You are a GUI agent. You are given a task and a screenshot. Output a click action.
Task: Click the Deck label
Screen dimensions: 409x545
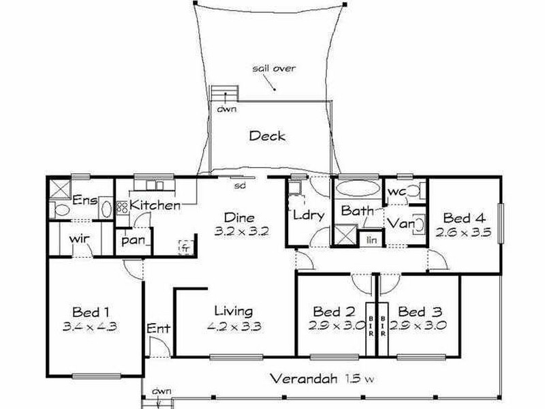pos(267,136)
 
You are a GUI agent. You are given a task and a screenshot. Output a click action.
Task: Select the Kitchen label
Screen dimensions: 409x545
pos(155,204)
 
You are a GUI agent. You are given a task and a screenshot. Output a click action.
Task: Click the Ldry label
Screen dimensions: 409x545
pos(307,215)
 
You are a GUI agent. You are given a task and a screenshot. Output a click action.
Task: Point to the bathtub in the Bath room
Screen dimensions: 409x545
pos(357,187)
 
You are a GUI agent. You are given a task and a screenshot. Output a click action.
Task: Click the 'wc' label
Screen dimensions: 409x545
pos(396,194)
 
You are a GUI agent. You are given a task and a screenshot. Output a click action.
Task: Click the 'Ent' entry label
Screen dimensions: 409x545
pos(158,329)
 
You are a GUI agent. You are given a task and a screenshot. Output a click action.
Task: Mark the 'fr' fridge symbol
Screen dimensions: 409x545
pos(184,247)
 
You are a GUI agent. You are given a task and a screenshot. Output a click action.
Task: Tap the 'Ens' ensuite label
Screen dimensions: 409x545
pos(86,200)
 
